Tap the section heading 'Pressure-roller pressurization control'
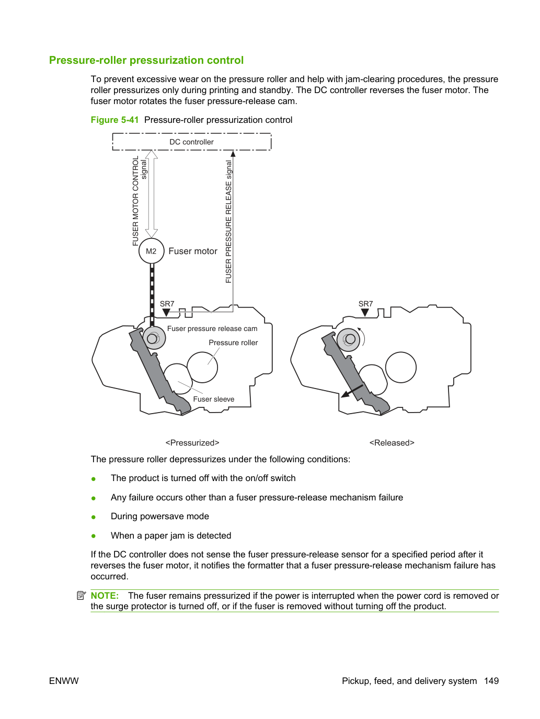click(146, 60)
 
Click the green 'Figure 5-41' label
click(114, 120)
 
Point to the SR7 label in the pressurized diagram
click(167, 304)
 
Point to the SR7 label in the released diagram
click(365, 304)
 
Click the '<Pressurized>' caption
click(192, 442)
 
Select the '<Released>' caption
click(392, 442)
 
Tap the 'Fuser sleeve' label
click(213, 399)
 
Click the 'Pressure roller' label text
click(233, 343)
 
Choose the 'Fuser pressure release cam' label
click(212, 328)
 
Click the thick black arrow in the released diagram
click(352, 391)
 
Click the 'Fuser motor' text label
click(193, 251)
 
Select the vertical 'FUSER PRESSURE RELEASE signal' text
click(228, 221)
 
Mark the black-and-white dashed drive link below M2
click(152, 295)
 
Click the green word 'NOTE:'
click(105, 595)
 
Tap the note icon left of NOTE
click(81, 595)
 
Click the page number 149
click(491, 681)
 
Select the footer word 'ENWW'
click(64, 681)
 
